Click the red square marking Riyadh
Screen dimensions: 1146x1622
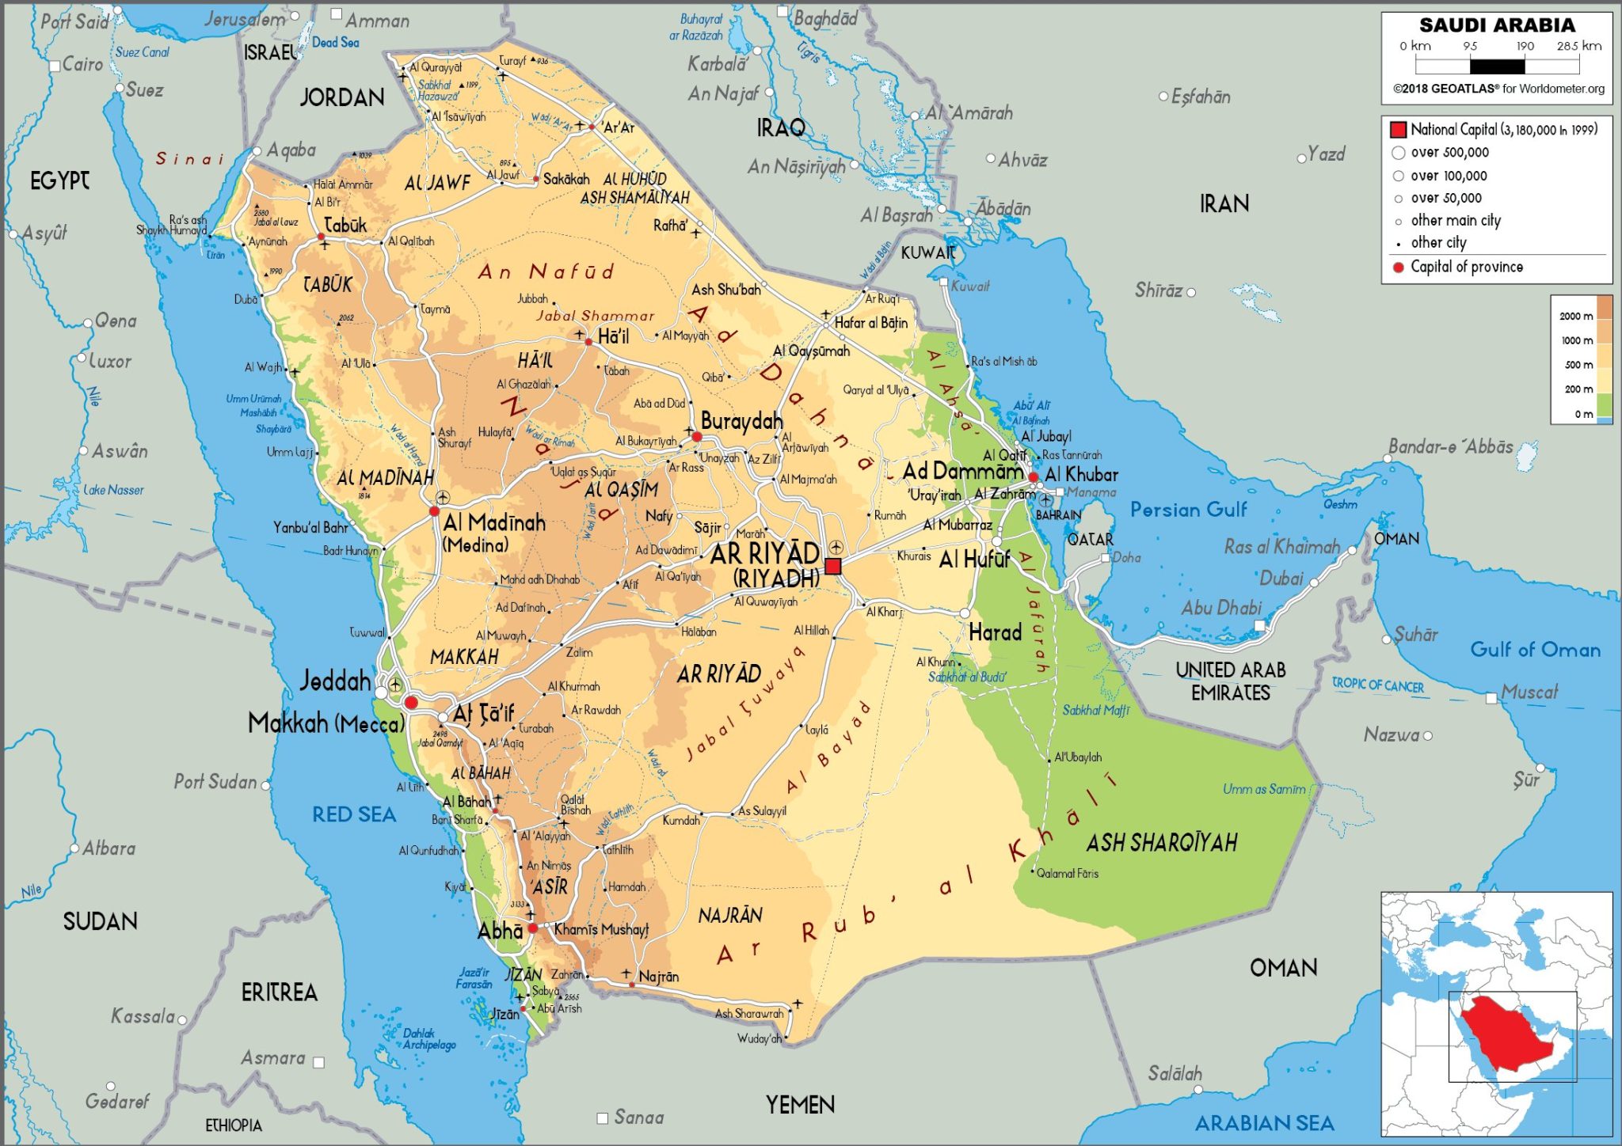[x=832, y=566]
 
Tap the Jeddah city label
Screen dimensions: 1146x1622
[x=336, y=681]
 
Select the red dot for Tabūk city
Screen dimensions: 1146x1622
[x=322, y=237]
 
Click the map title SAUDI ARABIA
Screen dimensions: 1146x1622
[x=1497, y=25]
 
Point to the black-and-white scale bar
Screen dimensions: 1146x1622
[x=1497, y=66]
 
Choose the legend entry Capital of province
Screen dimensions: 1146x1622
[x=1466, y=267]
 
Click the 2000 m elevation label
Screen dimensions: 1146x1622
[x=1575, y=316]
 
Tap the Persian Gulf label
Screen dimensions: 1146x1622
[x=1188, y=510]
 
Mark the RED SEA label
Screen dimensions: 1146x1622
[x=354, y=814]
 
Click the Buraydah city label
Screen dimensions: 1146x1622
[x=741, y=422]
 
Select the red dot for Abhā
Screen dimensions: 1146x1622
[x=532, y=928]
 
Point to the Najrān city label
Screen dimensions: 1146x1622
[x=658, y=977]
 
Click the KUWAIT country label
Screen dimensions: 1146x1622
[x=927, y=253]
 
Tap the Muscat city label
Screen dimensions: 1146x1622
[x=1529, y=693]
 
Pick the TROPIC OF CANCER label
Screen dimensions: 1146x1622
[x=1377, y=685]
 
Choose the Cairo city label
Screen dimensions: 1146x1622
[x=82, y=64]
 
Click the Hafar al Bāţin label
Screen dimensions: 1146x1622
[x=871, y=323]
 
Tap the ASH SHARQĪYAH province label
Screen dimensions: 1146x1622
[x=1161, y=843]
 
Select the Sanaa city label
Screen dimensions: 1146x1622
[x=638, y=1117]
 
